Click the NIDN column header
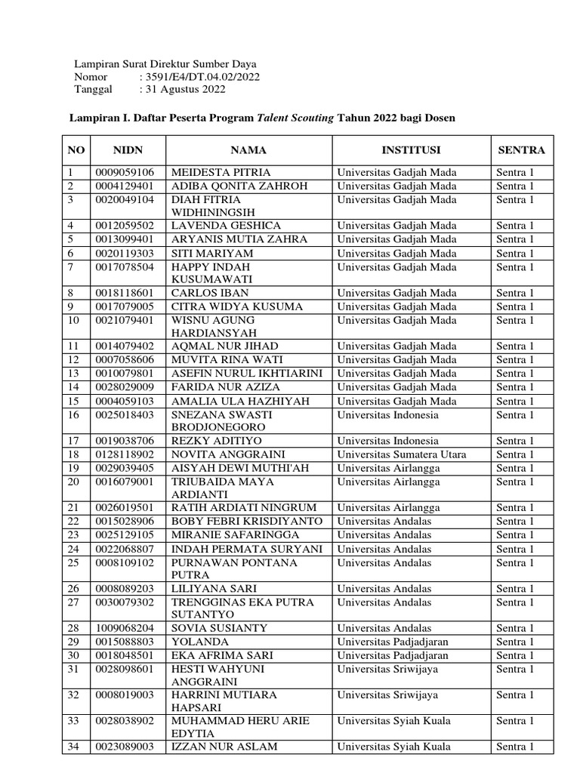click(128, 150)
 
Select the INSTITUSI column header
click(411, 150)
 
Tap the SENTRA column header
click(521, 150)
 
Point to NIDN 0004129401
click(125, 186)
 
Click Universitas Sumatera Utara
click(402, 454)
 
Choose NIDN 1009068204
click(125, 628)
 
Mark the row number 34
click(73, 747)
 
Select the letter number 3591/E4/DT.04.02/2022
click(199, 77)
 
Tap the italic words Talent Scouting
click(295, 119)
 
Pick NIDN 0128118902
click(125, 454)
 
